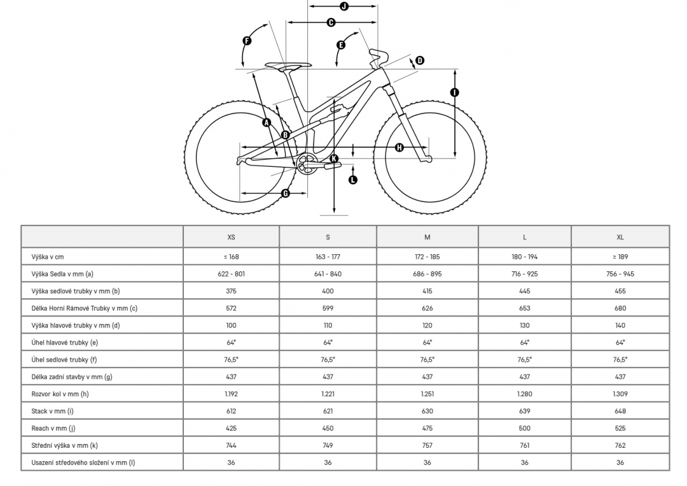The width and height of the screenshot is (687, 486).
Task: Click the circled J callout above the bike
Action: coord(344,6)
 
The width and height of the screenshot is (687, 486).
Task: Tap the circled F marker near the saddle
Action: coord(247,41)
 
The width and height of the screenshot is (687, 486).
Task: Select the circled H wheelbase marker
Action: coord(399,147)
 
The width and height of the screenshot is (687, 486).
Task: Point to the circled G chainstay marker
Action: coord(286,193)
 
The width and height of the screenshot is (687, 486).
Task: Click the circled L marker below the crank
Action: coord(352,180)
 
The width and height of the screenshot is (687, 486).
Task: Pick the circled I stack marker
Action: coord(455,92)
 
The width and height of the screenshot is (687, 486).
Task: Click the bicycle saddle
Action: coord(288,66)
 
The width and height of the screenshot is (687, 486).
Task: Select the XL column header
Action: coord(620,238)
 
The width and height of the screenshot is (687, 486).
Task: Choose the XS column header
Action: coord(232,238)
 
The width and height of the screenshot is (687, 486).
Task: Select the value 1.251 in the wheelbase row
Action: coord(427,394)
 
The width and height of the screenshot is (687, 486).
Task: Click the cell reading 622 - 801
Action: coord(232,274)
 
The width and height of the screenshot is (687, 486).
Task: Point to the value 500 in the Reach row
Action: coord(524,429)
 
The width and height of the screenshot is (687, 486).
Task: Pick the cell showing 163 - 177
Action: coord(328,257)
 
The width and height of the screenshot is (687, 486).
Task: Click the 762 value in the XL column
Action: coord(620,446)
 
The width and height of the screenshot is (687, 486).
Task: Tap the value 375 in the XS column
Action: coord(232,291)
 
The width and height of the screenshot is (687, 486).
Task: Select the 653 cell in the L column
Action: coord(524,308)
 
